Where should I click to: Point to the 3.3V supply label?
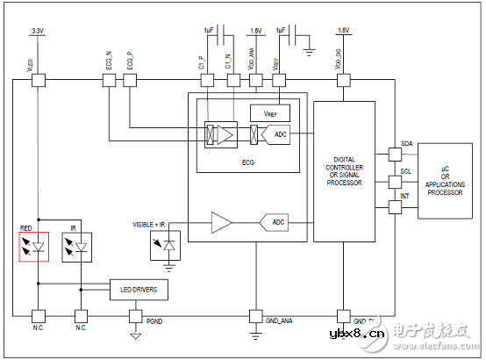click(x=38, y=31)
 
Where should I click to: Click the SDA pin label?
click(x=406, y=143)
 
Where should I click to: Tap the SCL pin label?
click(x=406, y=172)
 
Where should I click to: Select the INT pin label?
click(x=405, y=197)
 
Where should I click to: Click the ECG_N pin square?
click(x=109, y=81)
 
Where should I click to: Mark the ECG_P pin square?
click(x=130, y=81)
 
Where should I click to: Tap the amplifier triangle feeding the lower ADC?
click(x=221, y=223)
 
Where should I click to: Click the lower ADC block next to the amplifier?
click(x=275, y=223)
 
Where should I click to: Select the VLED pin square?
click(x=38, y=81)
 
